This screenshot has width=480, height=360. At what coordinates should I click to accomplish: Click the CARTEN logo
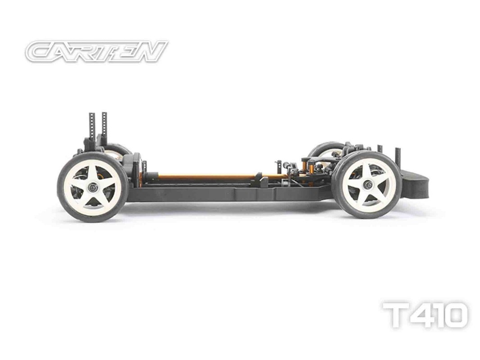click(x=96, y=51)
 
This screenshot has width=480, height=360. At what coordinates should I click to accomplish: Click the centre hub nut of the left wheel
click(x=91, y=186)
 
